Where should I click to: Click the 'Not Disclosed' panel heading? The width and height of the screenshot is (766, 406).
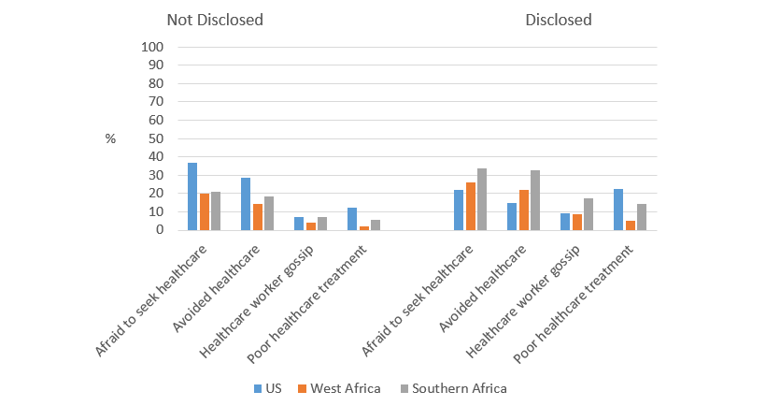click(x=215, y=20)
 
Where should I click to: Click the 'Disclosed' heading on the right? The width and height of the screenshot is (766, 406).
click(x=558, y=20)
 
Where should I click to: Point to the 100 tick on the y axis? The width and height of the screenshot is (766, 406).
click(x=153, y=48)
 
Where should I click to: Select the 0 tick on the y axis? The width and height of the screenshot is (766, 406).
click(x=160, y=230)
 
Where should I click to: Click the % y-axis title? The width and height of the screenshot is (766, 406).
click(x=110, y=138)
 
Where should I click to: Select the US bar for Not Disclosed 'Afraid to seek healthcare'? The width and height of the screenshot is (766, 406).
click(x=192, y=196)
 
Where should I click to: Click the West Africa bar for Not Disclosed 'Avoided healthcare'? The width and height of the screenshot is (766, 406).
click(x=258, y=217)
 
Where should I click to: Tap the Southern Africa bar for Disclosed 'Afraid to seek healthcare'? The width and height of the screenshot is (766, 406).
click(x=482, y=199)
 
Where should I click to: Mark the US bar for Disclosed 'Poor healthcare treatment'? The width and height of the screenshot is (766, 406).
click(x=618, y=210)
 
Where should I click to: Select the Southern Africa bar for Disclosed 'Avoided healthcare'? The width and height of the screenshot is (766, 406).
click(x=535, y=200)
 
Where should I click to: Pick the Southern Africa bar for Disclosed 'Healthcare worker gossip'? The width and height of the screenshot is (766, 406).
click(x=589, y=214)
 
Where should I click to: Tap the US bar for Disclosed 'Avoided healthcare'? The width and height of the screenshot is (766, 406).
click(x=512, y=216)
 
